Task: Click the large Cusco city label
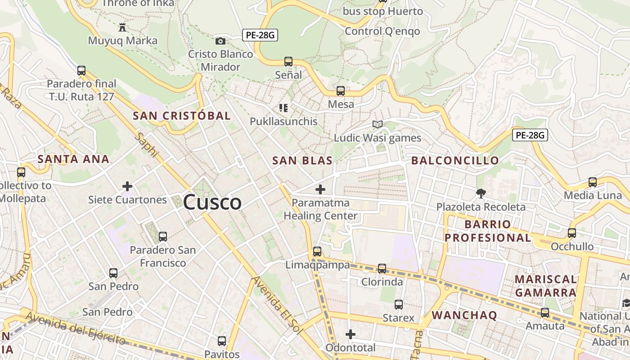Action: click(212, 202)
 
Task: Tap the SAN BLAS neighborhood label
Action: click(302, 161)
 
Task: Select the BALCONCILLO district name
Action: click(455, 161)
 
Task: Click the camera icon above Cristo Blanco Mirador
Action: click(220, 41)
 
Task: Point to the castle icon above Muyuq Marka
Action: click(122, 27)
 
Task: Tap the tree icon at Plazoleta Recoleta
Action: click(481, 193)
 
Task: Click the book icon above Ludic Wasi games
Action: click(378, 125)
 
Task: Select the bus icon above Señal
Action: click(288, 62)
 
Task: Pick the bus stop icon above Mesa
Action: click(341, 91)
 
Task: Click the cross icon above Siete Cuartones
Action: click(127, 186)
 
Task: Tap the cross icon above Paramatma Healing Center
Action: click(320, 189)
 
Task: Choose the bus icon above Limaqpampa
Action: click(317, 252)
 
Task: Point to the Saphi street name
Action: click(148, 145)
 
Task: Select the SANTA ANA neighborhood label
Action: click(73, 159)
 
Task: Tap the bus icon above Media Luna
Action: click(593, 182)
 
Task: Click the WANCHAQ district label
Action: click(464, 315)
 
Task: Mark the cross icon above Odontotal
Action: click(350, 334)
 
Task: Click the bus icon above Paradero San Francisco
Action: click(163, 236)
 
